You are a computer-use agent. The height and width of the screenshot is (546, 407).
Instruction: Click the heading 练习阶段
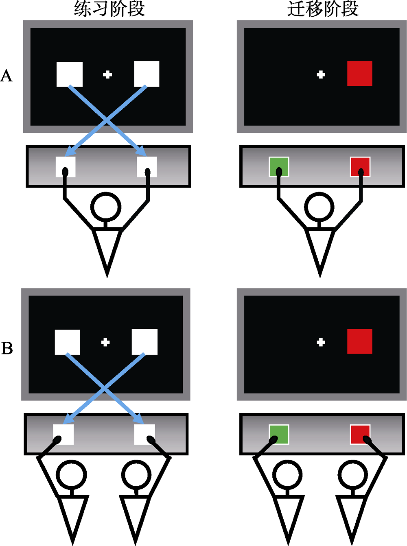(109, 9)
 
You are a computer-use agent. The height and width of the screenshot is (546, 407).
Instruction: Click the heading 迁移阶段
(323, 9)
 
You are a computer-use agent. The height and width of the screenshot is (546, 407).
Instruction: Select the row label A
(7, 76)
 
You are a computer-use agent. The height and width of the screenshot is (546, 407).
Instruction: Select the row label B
(7, 348)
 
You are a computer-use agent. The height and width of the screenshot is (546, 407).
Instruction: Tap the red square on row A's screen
(359, 74)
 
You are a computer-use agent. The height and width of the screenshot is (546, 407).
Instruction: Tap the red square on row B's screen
(359, 341)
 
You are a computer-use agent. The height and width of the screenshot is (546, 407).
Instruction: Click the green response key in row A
(279, 167)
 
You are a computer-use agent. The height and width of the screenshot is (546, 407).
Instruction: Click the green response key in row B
(279, 435)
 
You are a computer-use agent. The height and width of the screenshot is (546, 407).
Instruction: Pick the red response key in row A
(360, 167)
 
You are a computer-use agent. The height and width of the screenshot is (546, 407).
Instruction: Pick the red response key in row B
(360, 435)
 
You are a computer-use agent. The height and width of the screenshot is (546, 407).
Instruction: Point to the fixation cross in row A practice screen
(107, 74)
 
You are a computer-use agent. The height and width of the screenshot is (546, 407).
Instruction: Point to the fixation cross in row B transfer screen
(321, 342)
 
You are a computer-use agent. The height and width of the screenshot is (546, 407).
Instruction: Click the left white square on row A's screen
(70, 74)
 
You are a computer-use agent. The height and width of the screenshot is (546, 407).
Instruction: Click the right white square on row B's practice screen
(144, 342)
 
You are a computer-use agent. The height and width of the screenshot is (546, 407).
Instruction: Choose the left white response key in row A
(66, 167)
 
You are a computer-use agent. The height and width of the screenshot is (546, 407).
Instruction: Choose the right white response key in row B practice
(145, 435)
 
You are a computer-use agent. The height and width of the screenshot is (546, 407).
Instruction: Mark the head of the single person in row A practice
(106, 207)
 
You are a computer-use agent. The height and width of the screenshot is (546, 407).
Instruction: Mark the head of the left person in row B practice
(71, 474)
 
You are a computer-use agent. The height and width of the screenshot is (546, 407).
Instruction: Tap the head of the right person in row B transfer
(352, 474)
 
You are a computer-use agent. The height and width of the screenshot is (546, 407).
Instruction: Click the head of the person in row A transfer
(319, 207)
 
